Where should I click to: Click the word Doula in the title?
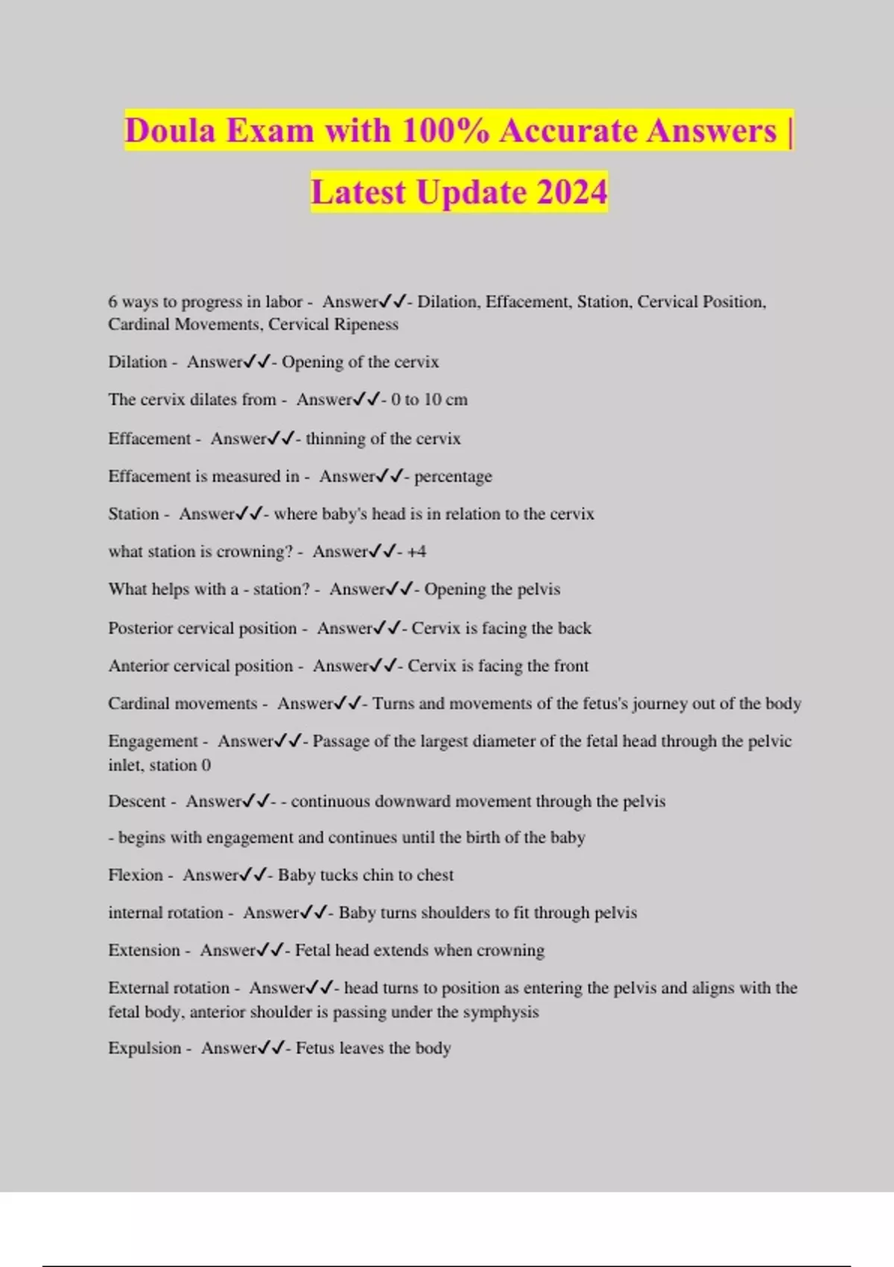click(x=169, y=131)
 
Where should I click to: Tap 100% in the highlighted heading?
click(x=445, y=131)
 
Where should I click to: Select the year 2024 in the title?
click(x=571, y=192)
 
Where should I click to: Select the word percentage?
click(x=453, y=476)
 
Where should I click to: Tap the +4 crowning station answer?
click(x=416, y=552)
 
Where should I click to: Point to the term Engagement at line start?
click(x=153, y=742)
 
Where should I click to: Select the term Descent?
click(x=137, y=801)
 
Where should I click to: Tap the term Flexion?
click(x=135, y=875)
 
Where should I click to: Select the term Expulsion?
click(x=145, y=1048)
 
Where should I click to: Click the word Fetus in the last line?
click(x=314, y=1048)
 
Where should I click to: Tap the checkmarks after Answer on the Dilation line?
click(x=257, y=362)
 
